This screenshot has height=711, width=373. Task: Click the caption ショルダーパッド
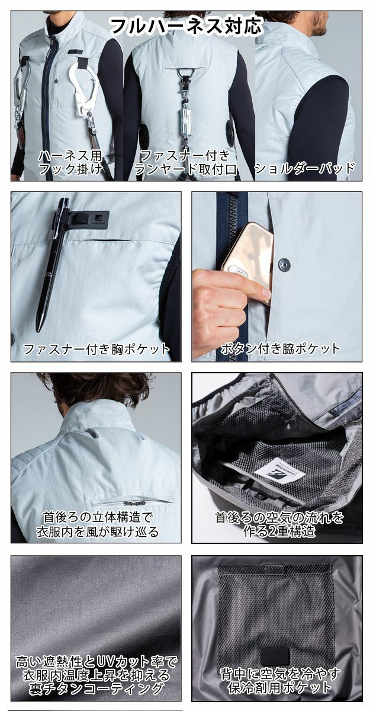(304, 169)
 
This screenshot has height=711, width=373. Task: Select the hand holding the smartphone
(222, 302)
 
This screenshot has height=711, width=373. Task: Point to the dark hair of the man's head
(95, 388)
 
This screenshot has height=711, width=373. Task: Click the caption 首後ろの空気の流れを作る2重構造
(276, 524)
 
